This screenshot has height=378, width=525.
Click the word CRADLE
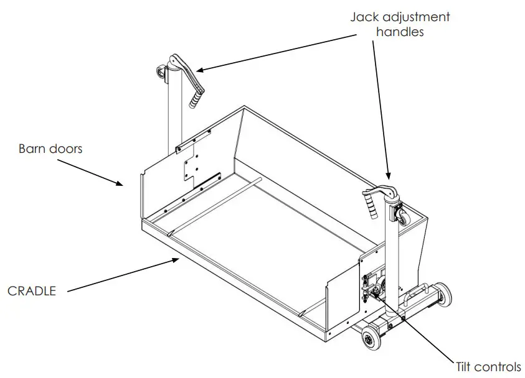click(x=32, y=290)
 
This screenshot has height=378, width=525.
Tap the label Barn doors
click(x=50, y=149)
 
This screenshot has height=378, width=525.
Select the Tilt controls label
click(x=488, y=367)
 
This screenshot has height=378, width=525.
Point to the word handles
click(x=399, y=31)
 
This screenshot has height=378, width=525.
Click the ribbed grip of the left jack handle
click(x=197, y=97)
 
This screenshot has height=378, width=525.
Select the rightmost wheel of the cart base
click(x=443, y=294)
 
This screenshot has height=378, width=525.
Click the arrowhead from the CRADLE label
click(x=177, y=260)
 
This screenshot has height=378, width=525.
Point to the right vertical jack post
click(x=390, y=261)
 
